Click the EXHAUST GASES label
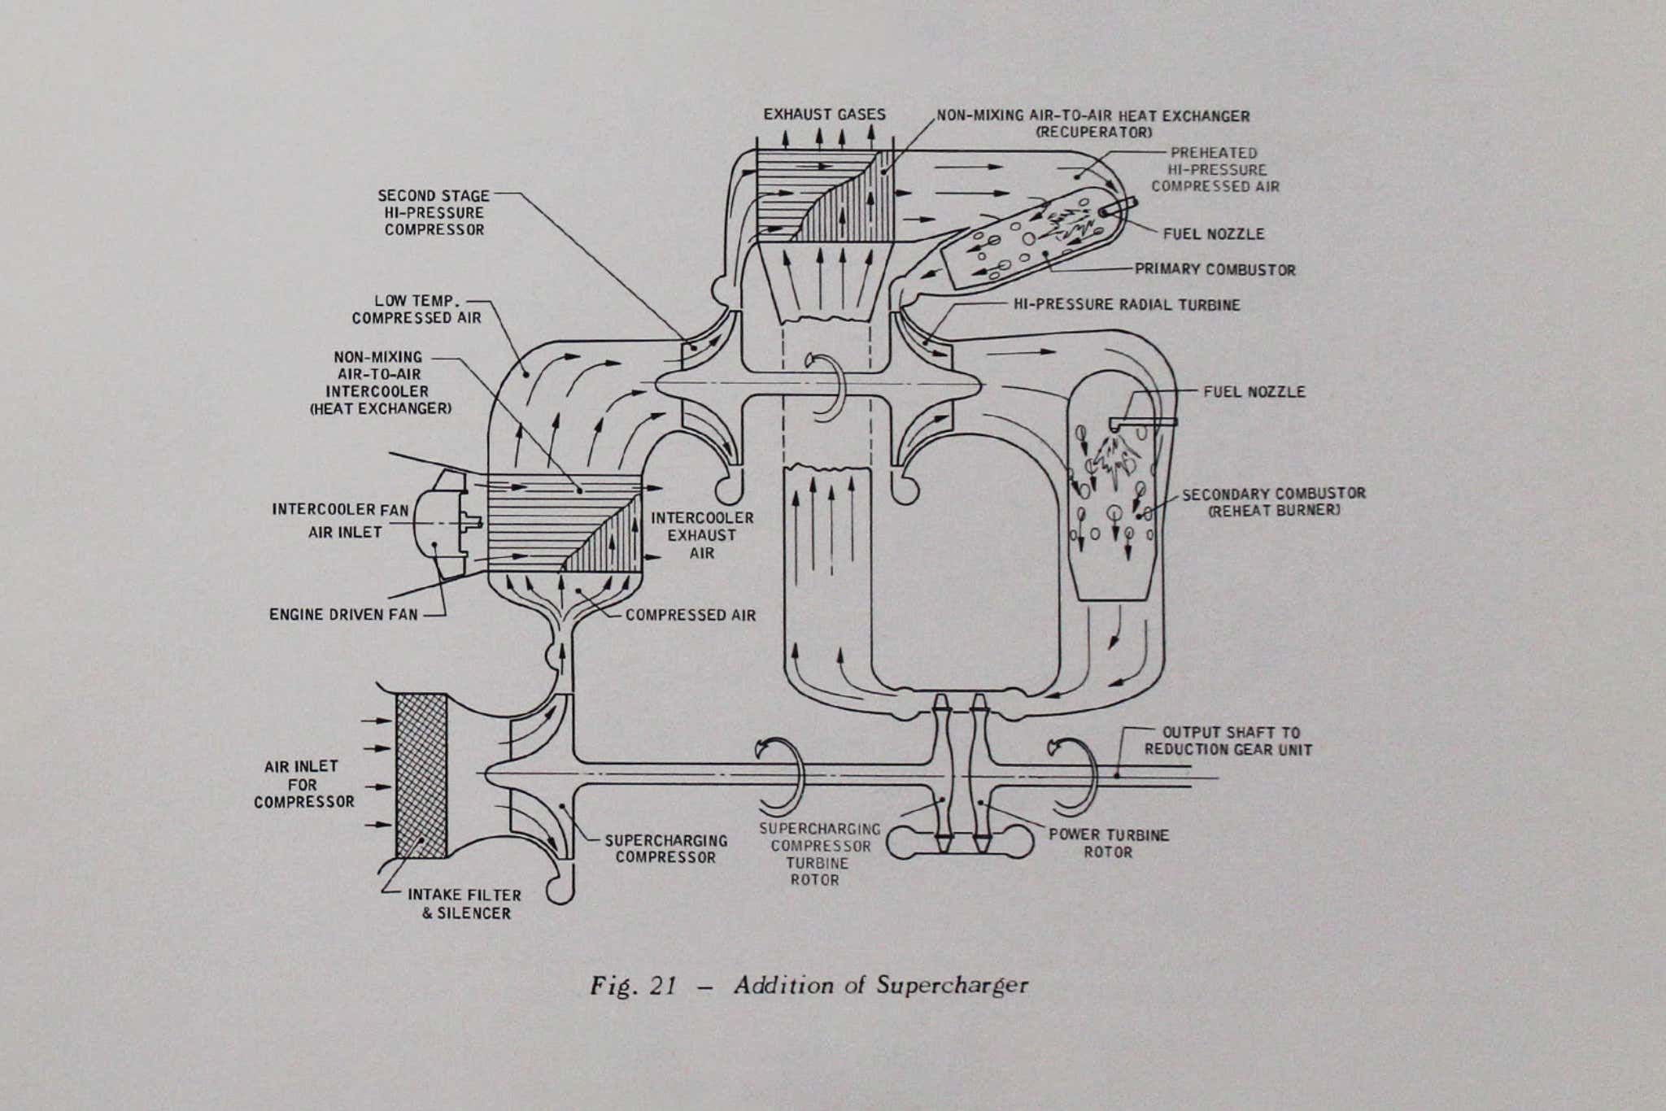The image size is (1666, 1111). tap(823, 115)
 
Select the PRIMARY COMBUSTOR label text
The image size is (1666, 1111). tap(1215, 270)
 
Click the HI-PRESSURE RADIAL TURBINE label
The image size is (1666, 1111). tap(1127, 305)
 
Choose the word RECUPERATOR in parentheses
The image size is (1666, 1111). tap(1093, 133)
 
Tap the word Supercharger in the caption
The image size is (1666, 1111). tap(952, 986)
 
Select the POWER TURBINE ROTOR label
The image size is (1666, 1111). tap(1108, 843)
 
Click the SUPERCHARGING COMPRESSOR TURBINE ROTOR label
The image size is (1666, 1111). tap(820, 854)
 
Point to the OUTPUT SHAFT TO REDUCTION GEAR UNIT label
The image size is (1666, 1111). tap(1228, 741)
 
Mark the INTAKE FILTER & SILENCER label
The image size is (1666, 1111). tap(464, 904)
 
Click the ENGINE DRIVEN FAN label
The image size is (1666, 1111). tap(343, 614)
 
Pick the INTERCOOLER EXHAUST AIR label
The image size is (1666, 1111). tap(702, 535)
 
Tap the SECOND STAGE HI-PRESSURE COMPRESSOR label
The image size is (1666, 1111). tap(434, 213)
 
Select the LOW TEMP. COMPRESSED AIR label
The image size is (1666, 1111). tap(417, 309)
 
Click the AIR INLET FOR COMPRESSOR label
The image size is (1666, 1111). tap(303, 784)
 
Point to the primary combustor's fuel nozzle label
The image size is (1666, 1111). tap(1213, 234)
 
